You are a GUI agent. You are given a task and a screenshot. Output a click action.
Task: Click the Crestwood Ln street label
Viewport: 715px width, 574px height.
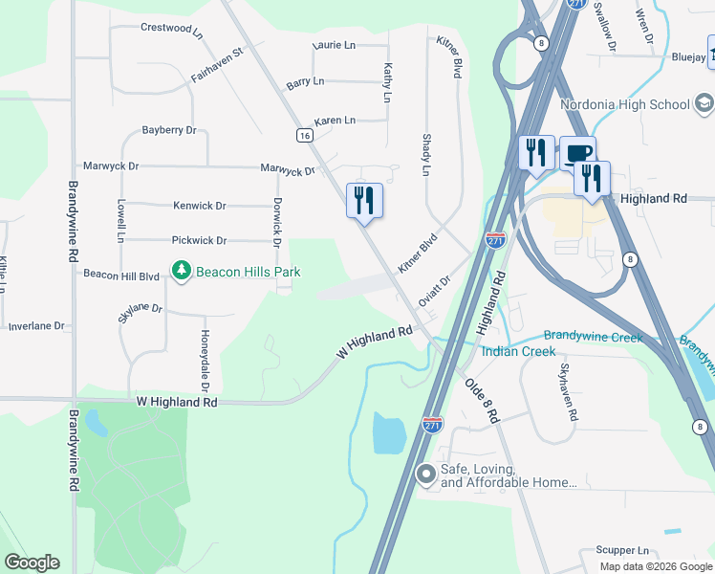pos(172,29)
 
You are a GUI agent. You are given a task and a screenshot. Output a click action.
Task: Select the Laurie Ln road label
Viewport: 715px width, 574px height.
pos(336,46)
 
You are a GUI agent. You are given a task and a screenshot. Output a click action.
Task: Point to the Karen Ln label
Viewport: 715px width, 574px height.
pos(335,121)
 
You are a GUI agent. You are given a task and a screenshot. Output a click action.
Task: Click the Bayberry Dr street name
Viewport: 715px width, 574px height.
pos(168,130)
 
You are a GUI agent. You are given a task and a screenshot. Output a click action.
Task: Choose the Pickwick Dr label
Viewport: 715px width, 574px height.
pos(199,241)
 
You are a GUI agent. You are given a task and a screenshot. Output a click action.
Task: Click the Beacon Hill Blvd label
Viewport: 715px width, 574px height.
pos(120,276)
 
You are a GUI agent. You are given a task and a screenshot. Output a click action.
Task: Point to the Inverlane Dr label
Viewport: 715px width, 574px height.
pos(36,326)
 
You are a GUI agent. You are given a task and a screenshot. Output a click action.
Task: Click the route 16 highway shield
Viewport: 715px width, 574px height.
pos(304,136)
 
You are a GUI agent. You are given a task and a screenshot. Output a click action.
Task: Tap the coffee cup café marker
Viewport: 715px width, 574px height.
pos(577,153)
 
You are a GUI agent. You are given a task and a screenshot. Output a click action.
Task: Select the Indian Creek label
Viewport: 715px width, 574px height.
pos(518,352)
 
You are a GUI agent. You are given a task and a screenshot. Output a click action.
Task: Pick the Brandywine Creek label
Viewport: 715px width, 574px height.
pos(593,336)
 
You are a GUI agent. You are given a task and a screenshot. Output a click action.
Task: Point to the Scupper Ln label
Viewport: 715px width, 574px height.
pos(621,551)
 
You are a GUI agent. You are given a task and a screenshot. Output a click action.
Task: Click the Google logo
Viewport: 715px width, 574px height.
pos(32,563)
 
